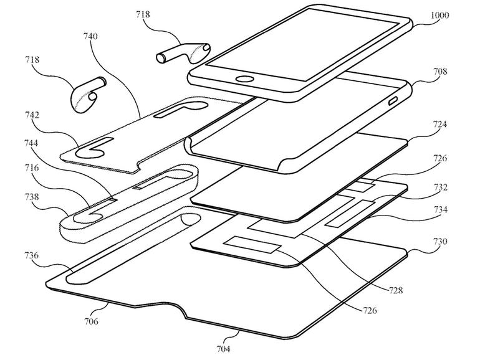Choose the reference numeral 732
(x=439, y=187)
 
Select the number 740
(x=90, y=37)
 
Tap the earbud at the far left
(x=86, y=95)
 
